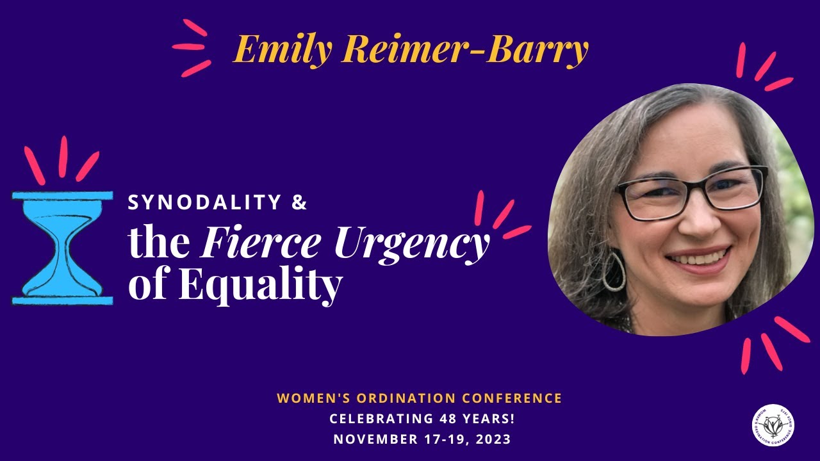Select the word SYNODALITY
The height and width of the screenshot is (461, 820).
(x=205, y=203)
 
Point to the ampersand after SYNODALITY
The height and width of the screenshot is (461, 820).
(x=299, y=203)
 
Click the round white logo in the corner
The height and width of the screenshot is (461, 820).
(x=773, y=425)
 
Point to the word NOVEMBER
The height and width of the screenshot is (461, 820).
(x=373, y=439)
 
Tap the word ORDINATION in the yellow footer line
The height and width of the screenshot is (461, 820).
(x=395, y=398)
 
